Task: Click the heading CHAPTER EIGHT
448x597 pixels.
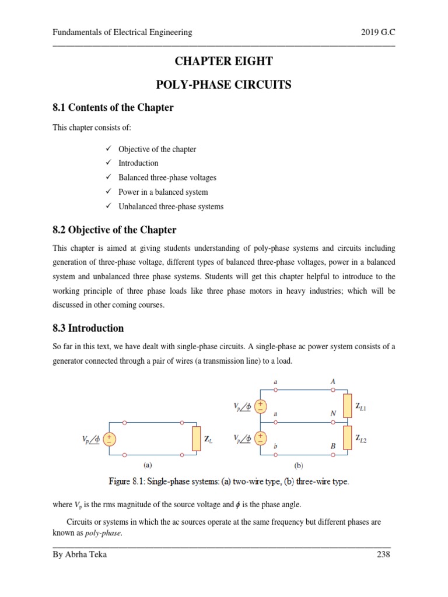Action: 224,62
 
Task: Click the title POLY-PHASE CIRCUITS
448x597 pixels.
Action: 224,85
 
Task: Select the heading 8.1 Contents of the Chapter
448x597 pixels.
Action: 113,108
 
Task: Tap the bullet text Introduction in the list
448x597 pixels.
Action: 138,163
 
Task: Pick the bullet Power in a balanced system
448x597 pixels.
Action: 163,192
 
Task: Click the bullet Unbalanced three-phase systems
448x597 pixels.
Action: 170,206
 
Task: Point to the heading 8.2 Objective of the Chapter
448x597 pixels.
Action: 114,230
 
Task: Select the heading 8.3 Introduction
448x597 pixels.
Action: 88,328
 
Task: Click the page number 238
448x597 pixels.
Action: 383,554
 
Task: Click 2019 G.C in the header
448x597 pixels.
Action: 378,33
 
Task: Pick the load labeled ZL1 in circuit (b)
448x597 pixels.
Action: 347,406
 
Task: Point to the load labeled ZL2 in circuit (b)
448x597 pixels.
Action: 347,437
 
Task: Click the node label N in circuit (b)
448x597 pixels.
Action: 332,413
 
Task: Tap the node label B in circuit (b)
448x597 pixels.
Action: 332,445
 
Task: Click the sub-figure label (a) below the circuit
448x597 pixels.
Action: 148,465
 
